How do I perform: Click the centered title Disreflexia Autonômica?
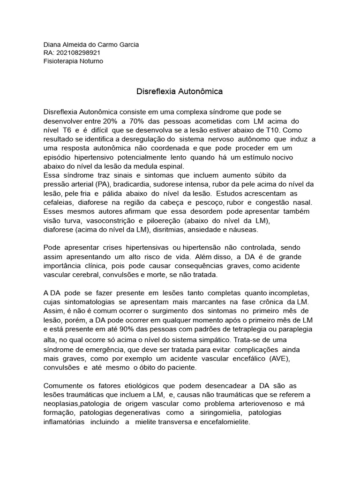180,92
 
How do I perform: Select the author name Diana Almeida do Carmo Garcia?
91,45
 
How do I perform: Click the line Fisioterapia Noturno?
73,61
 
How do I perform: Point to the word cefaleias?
59,202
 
